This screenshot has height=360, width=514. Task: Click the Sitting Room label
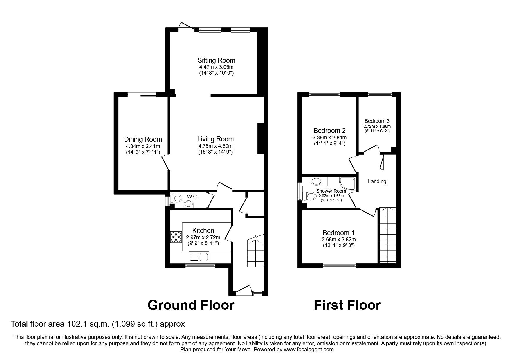216,60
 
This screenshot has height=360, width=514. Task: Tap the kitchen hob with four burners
176,237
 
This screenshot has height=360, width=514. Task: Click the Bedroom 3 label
377,121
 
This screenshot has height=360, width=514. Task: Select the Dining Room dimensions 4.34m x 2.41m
143,146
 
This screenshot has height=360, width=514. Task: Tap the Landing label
377,181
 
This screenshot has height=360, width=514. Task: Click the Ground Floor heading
191,305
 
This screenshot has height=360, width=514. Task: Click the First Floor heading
347,305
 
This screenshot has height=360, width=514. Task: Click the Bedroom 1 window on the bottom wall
339,265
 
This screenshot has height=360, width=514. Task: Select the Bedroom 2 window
324,94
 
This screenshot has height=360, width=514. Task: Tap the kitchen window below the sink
200,265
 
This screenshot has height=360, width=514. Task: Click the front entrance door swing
244,290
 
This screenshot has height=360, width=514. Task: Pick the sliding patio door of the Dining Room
142,94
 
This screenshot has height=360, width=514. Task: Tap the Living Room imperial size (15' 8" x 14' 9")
215,152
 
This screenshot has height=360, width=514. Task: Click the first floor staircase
387,235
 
